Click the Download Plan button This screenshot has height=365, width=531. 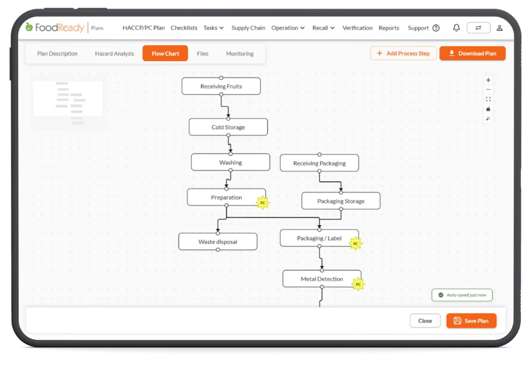tap(473, 54)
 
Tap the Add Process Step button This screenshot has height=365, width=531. tap(403, 54)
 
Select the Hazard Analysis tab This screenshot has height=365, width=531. tap(114, 54)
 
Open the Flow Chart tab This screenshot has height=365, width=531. tap(165, 54)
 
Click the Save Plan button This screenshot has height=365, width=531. tap(471, 320)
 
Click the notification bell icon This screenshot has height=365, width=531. tap(456, 28)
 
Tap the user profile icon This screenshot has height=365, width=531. tap(499, 28)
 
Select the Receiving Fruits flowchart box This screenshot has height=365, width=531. tap(221, 86)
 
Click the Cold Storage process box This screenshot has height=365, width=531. tap(228, 127)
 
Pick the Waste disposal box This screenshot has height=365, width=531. tap(218, 242)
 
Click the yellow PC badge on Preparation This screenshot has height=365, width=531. tap(263, 202)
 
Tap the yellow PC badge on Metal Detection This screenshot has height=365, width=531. tap(358, 284)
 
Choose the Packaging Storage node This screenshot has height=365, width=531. tap(341, 201)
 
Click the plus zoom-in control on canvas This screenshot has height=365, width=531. tap(488, 80)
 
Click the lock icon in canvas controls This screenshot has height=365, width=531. tap(488, 109)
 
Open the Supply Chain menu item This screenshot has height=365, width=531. tap(248, 28)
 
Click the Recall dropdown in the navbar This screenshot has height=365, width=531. tap(323, 28)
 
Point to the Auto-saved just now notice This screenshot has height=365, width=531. tap(462, 295)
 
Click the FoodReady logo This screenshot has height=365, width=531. tap(55, 28)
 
